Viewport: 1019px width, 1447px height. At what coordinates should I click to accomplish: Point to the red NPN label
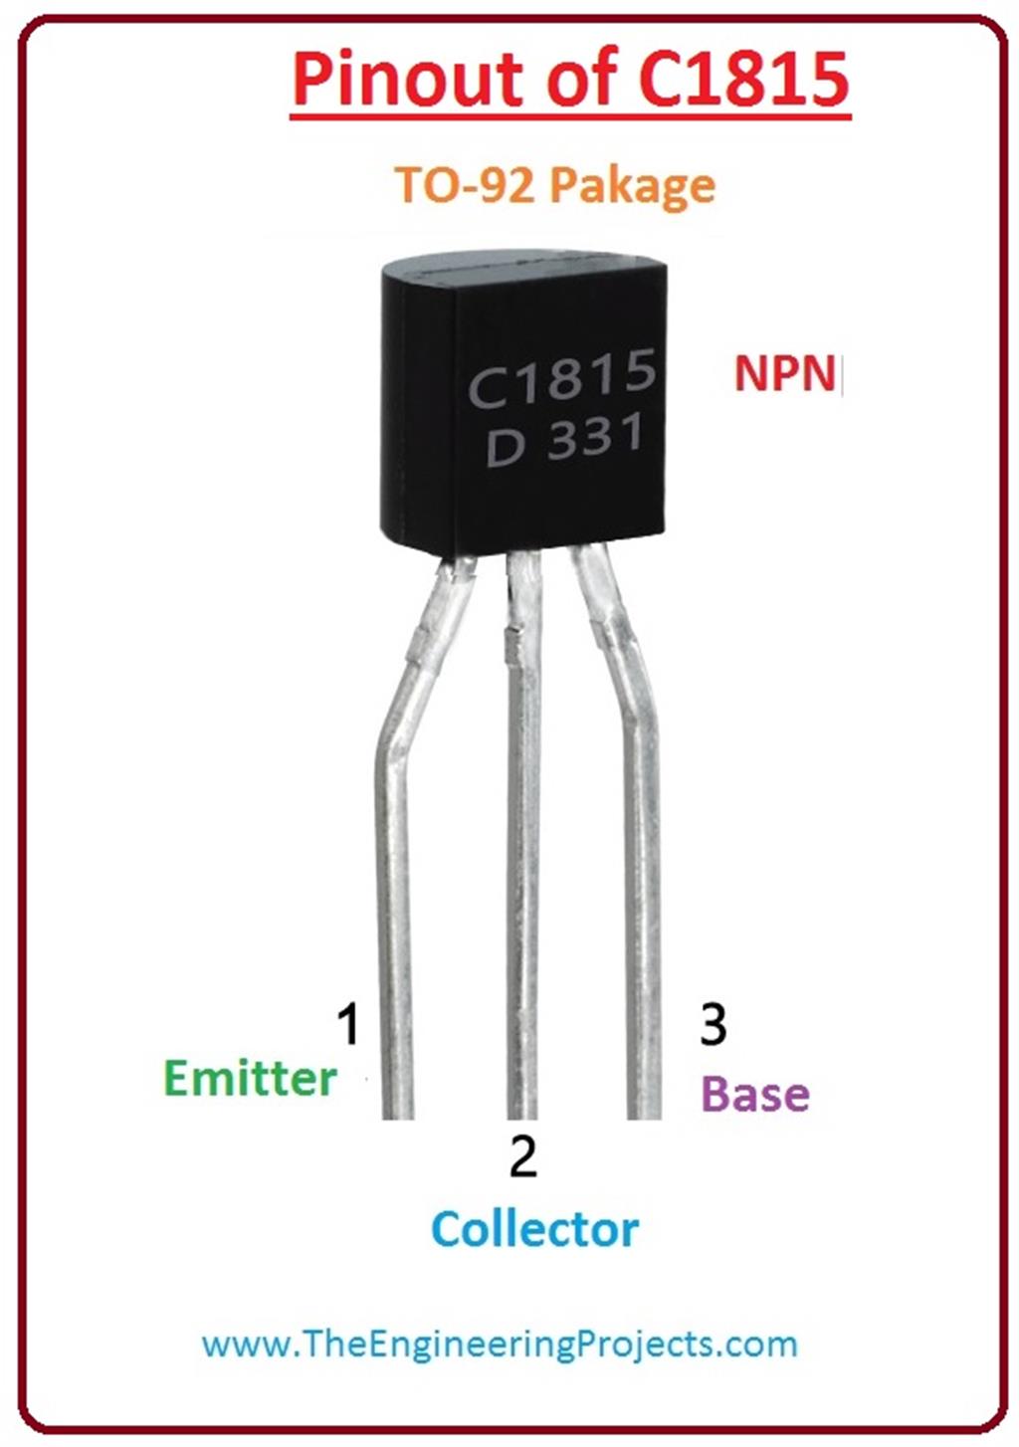[x=784, y=373]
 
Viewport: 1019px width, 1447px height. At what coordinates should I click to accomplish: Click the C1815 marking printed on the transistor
[x=562, y=378]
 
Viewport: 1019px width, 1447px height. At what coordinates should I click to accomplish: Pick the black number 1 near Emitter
[x=347, y=1024]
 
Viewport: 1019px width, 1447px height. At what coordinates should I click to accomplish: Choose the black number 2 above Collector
[x=522, y=1156]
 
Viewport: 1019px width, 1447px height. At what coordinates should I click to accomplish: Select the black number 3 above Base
[x=713, y=1024]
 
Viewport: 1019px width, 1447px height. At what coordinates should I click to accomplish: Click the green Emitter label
[x=251, y=1079]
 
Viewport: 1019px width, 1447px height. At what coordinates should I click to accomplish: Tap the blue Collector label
[x=534, y=1229]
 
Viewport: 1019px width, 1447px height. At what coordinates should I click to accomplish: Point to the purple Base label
[x=755, y=1094]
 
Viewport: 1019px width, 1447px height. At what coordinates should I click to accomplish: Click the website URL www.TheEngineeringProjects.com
[x=500, y=1344]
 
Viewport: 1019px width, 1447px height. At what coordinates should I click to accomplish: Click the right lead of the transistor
[x=643, y=896]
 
